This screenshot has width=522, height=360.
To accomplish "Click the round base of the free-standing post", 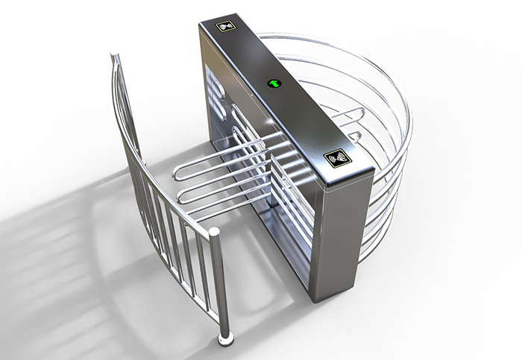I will tap(224, 341).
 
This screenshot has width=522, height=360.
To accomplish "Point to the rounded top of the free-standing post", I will tap(214, 233).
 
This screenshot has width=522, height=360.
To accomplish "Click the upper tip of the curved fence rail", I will tap(113, 57).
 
